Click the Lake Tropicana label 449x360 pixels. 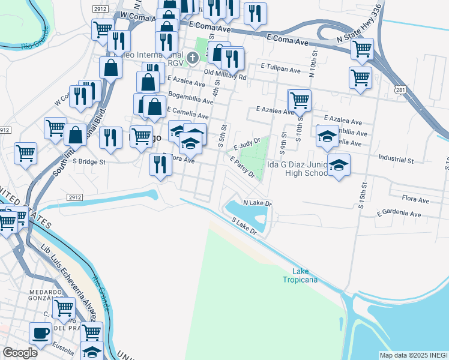pos(300,275)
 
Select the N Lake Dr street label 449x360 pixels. pos(258,203)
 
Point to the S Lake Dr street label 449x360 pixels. pos(248,226)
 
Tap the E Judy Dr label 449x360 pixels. pos(247,143)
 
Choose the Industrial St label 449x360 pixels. pos(396,160)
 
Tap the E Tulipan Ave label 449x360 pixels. pos(280,70)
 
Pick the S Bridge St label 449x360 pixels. pos(89,161)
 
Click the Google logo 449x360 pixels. pos(20,353)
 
